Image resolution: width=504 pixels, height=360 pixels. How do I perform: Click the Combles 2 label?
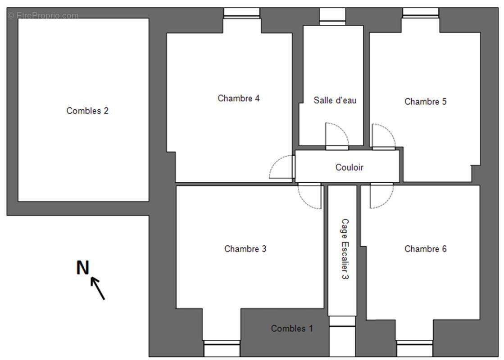click(x=87, y=111)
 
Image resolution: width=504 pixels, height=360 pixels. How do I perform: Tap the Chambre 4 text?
click(x=239, y=98)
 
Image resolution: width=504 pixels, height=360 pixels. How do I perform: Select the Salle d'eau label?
click(x=335, y=100)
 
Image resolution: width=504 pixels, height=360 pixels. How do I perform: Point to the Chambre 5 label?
click(x=425, y=102)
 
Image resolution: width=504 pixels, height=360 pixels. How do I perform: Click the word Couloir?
click(x=350, y=167)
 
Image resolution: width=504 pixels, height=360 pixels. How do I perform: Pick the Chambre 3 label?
click(x=245, y=249)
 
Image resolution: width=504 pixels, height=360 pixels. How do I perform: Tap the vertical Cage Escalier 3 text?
click(x=345, y=249)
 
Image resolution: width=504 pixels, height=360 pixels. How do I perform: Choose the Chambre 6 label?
click(x=425, y=249)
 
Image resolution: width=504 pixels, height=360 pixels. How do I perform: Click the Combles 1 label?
click(x=292, y=328)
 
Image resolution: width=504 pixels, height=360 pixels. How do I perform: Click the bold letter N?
click(x=82, y=267)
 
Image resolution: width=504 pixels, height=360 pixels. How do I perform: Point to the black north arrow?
click(x=98, y=288)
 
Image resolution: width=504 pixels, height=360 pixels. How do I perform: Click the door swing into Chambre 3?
click(x=309, y=196)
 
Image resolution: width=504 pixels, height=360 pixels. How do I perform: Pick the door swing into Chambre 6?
click(x=381, y=196)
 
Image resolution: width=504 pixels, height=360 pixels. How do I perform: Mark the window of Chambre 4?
click(x=242, y=13)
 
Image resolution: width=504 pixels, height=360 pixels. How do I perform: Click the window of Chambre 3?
click(x=222, y=348)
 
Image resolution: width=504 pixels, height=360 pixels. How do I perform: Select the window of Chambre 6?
click(x=415, y=348)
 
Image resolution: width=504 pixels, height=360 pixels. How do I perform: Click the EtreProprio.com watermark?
click(x=43, y=15)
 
